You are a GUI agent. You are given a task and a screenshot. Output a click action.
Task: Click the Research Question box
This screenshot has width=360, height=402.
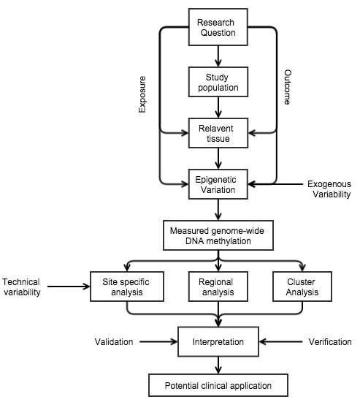[x=218, y=27]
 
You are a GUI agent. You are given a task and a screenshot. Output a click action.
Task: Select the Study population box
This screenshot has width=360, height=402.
[x=218, y=82]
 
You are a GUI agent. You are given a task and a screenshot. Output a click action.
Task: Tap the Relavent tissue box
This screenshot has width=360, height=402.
[x=218, y=133]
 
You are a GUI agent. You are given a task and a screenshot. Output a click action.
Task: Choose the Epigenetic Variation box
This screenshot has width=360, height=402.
[x=218, y=184]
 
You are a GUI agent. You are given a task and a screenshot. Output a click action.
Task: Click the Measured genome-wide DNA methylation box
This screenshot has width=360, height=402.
[x=218, y=235]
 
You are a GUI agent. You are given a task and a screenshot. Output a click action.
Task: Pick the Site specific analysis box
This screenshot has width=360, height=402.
[x=127, y=287]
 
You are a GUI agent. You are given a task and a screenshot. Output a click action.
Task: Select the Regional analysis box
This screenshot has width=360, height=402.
[x=218, y=287]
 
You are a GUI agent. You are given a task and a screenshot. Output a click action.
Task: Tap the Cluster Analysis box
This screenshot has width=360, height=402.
[x=302, y=287]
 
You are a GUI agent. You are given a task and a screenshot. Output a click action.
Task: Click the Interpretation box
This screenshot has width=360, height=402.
[x=218, y=341]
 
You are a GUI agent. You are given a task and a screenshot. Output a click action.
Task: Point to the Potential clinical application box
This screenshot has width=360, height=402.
[x=218, y=385]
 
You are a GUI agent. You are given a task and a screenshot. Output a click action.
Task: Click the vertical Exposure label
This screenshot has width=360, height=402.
[x=142, y=94]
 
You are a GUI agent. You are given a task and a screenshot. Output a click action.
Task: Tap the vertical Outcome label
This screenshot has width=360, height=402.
[x=288, y=87]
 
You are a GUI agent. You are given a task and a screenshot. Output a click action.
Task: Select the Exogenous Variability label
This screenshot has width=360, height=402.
[x=329, y=189]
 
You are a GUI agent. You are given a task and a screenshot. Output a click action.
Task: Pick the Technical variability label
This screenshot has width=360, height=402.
[x=21, y=287]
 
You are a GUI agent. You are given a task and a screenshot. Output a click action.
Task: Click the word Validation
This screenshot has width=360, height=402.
[x=114, y=342]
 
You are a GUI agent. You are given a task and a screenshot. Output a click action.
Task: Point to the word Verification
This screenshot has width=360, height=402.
[x=330, y=342]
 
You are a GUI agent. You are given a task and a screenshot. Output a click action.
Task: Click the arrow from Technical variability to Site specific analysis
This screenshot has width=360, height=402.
[x=69, y=287]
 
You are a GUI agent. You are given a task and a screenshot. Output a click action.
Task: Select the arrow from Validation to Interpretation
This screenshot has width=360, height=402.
[x=158, y=341]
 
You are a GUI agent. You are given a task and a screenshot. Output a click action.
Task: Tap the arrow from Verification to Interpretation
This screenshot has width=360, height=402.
[x=280, y=341]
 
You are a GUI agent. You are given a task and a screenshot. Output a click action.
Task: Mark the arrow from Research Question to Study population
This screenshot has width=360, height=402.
[x=218, y=56]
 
